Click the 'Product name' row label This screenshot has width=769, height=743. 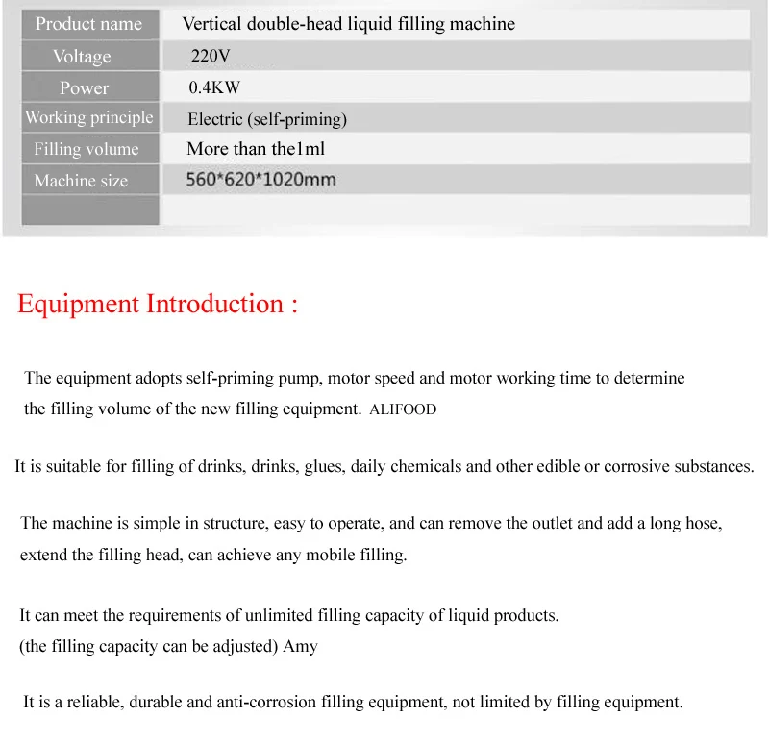point(88,24)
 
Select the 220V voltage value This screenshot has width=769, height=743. point(211,56)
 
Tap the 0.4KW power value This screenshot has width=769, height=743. point(214,87)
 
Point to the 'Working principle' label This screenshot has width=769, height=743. point(88,117)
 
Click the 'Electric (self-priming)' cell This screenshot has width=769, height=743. point(267,119)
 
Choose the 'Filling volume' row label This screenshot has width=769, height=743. point(87,149)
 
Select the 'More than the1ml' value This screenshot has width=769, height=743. point(256,149)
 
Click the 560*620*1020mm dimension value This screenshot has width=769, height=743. point(260,180)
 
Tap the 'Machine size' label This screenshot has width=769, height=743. point(81,181)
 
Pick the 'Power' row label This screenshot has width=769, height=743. point(85,87)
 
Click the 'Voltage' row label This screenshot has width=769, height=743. point(82,56)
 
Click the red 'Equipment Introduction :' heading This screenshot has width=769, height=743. point(158,305)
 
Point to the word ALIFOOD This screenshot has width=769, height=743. point(403,409)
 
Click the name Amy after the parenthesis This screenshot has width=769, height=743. point(300,646)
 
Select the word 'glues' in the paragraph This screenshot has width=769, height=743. point(324,467)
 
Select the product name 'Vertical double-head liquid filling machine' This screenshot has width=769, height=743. point(348,24)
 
